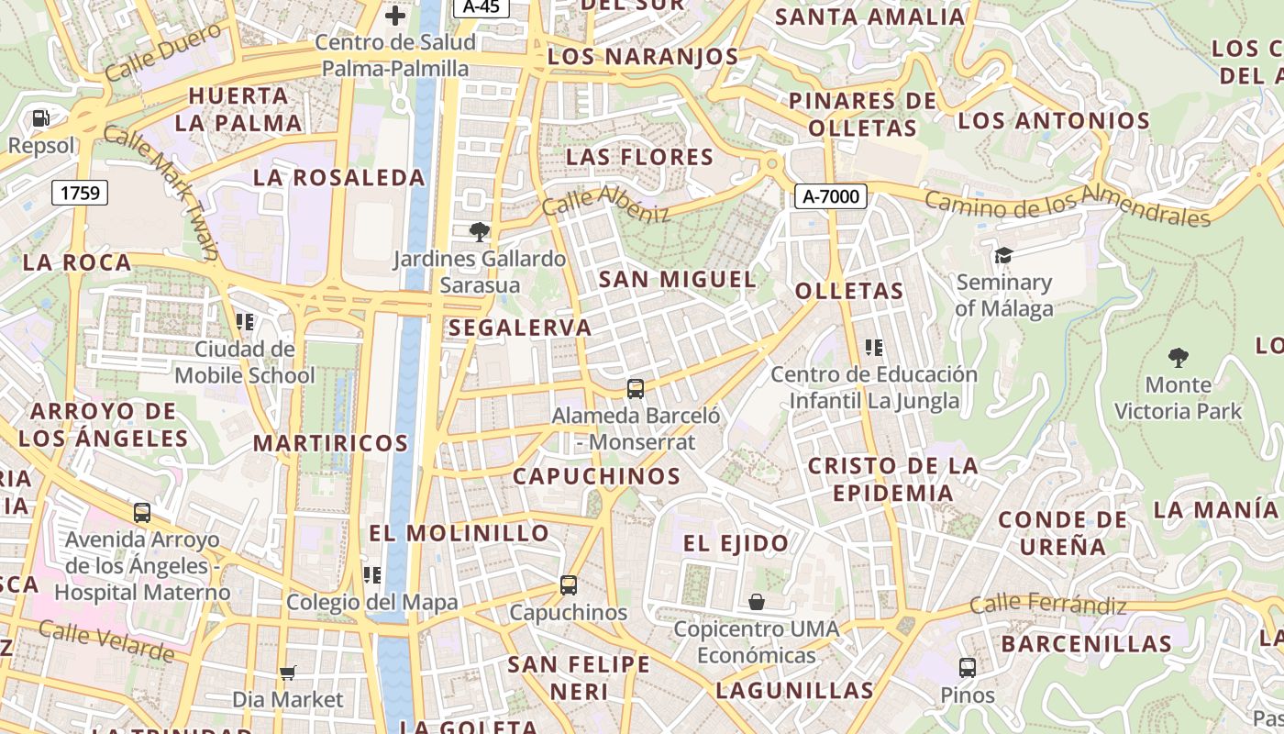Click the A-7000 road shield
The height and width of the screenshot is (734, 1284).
point(831,195)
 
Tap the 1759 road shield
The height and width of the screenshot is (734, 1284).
point(80,193)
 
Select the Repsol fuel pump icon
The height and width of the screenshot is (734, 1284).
point(40,118)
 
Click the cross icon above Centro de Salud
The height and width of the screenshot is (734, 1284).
point(395,16)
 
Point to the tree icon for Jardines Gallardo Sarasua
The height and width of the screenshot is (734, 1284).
point(479,231)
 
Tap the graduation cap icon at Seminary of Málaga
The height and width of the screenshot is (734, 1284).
point(1003,255)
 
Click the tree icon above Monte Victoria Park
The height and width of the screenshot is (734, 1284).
point(1179,358)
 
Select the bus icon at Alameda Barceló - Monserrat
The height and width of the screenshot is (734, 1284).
point(636,388)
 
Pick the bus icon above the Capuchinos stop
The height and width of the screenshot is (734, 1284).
point(569,585)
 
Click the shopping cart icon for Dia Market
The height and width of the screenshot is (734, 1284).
point(287,673)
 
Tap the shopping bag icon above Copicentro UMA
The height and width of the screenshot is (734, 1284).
point(757,602)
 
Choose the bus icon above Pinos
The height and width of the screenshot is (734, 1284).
point(968,668)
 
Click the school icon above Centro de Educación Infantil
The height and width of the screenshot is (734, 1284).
point(874,348)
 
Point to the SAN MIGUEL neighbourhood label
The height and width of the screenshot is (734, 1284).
point(678,279)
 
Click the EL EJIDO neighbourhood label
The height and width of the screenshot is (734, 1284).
point(736,543)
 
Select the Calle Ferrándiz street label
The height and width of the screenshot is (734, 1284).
point(1047,605)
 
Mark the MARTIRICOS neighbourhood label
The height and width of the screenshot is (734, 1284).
point(330,443)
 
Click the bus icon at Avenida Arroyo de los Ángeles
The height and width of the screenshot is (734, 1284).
point(142,513)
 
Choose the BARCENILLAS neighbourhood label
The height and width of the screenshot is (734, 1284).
point(1086,644)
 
